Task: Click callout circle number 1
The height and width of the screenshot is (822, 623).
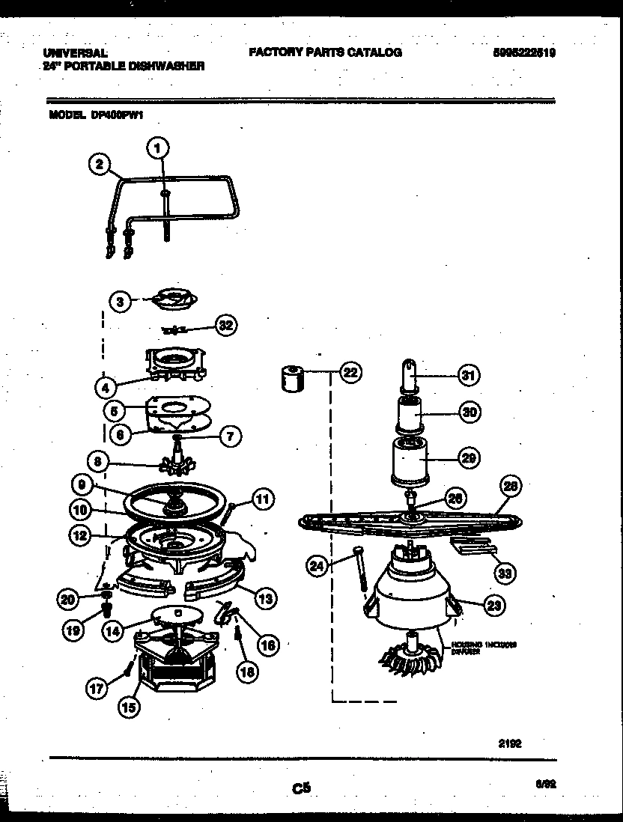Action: pyautogui.click(x=157, y=149)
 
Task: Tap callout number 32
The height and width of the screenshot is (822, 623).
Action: pyautogui.click(x=225, y=325)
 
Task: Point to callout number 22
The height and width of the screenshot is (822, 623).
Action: pyautogui.click(x=349, y=372)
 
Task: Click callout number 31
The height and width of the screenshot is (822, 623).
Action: pyautogui.click(x=468, y=376)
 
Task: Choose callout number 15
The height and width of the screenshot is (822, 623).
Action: pyautogui.click(x=130, y=706)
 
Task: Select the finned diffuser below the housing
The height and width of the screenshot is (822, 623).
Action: pyautogui.click(x=410, y=659)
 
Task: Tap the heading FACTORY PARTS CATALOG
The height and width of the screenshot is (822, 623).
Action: pyautogui.click(x=324, y=52)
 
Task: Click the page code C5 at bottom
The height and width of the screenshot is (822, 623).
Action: pyautogui.click(x=301, y=787)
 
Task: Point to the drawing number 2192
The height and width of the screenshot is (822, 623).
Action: pyautogui.click(x=509, y=743)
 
